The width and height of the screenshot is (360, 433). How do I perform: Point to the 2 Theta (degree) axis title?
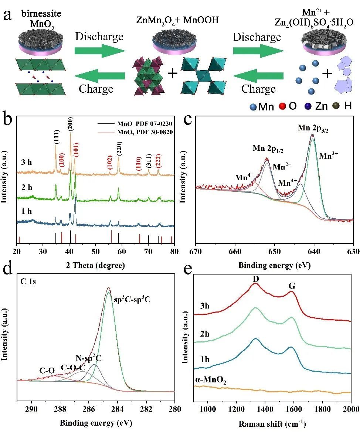(x=95, y=265)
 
